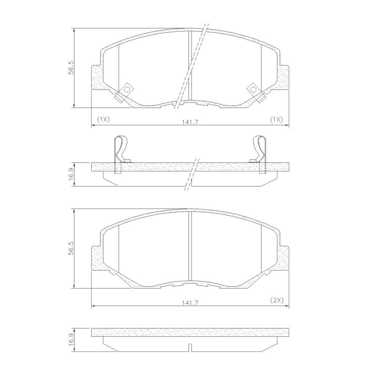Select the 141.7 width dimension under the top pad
tap(190, 122)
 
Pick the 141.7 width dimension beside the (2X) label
tap(190, 303)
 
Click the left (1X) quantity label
tap(103, 119)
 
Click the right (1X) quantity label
tap(277, 119)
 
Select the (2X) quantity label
tap(277, 301)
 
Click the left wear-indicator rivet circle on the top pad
tap(127, 89)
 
